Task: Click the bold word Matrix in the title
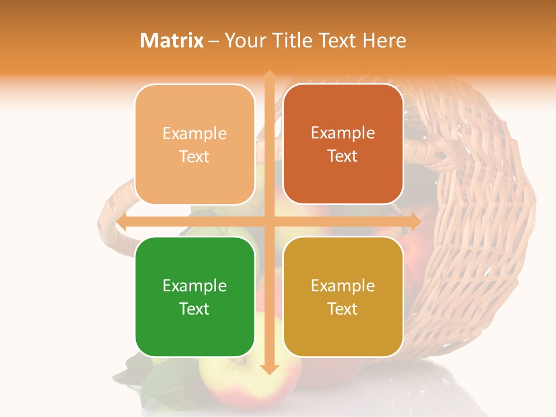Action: [172, 41]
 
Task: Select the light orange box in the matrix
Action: [195, 144]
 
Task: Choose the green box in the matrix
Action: [195, 297]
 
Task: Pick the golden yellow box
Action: [343, 297]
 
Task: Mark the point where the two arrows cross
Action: [269, 221]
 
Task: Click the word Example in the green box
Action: [195, 286]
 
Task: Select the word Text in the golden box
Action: [343, 309]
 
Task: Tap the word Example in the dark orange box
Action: [343, 133]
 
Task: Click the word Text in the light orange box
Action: [195, 156]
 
